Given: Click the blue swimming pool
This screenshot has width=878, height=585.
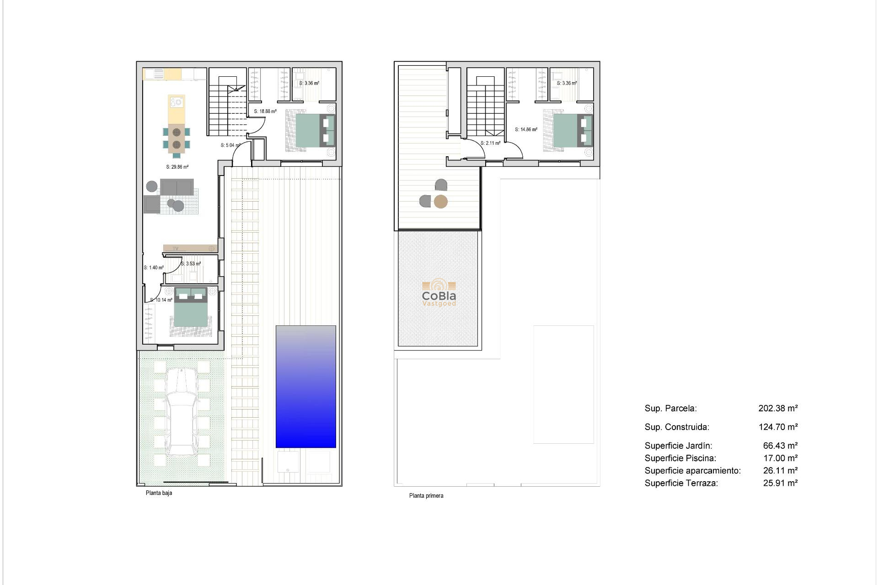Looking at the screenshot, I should (x=305, y=387).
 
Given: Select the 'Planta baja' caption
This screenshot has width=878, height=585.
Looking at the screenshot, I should (x=159, y=493).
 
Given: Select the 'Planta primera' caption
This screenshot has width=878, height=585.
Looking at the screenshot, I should (x=426, y=495).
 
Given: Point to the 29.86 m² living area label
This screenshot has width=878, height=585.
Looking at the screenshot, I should (x=177, y=167).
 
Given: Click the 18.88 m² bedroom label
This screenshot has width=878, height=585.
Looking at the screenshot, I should (x=265, y=111).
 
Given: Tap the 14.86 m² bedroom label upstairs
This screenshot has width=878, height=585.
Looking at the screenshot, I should (x=526, y=129).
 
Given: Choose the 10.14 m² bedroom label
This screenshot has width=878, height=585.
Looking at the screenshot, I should (x=161, y=300).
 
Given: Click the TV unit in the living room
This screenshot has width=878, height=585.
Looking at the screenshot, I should (x=190, y=248).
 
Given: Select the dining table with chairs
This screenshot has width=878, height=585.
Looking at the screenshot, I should (x=177, y=138).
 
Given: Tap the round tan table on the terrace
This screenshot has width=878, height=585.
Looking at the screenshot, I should (x=440, y=202).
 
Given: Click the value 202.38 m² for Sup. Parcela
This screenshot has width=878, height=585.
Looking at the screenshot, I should (x=778, y=408).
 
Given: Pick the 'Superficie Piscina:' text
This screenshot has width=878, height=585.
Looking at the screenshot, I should (x=680, y=458).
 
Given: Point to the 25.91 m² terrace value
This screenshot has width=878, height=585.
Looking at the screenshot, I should (x=780, y=483).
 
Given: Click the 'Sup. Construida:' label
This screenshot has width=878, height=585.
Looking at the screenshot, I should (x=677, y=427).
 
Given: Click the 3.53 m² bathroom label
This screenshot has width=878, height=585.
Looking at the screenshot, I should (x=191, y=264).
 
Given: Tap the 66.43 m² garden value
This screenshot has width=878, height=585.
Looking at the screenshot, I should (x=780, y=445).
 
